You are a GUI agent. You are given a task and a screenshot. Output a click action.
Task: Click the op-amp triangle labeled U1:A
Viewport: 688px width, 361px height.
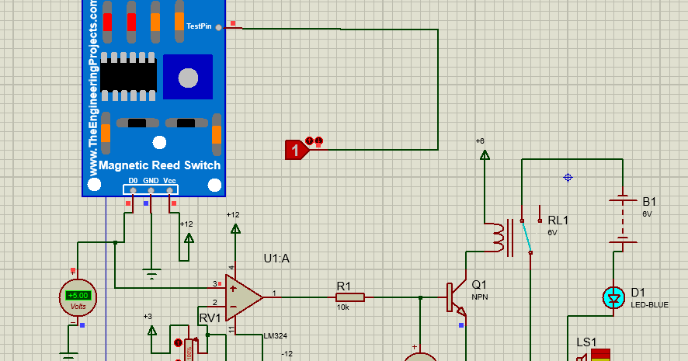click(242, 296)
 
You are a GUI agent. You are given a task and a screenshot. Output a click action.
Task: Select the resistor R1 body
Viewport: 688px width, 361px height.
click(350, 297)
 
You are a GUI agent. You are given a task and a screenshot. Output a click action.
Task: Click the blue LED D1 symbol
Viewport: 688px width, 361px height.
click(614, 297)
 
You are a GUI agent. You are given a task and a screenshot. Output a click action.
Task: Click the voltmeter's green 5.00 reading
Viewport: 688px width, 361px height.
click(78, 295)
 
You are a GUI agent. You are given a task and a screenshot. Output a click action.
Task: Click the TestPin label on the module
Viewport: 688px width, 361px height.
click(199, 26)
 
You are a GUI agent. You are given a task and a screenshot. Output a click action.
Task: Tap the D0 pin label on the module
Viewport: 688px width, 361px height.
click(133, 180)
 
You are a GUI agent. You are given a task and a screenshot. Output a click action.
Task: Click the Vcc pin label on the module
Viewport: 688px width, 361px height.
click(169, 180)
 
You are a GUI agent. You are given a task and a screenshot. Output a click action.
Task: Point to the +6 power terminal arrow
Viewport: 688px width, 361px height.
click(485, 154)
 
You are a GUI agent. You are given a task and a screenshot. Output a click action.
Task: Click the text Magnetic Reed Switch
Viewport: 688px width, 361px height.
click(160, 165)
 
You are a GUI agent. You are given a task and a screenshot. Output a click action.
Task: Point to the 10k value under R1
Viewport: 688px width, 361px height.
click(343, 307)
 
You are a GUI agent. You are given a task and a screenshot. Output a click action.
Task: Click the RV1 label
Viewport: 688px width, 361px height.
click(210, 318)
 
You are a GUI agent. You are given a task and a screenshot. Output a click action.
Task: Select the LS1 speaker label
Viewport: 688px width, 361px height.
click(586, 342)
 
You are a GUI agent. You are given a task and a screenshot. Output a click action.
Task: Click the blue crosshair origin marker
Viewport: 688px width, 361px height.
click(568, 178)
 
